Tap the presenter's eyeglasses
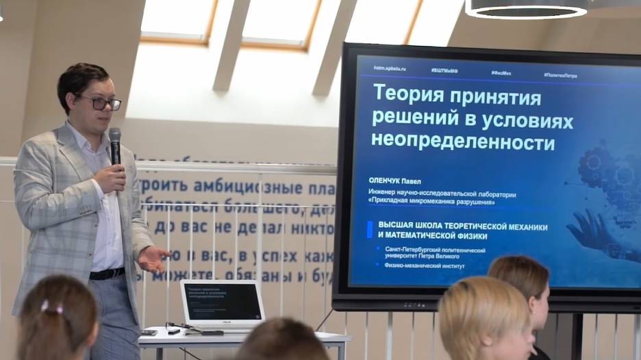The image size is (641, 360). pos(103,103)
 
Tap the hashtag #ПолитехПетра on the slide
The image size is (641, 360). pos(560,75)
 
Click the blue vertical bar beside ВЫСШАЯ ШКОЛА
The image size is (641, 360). pos(370,230)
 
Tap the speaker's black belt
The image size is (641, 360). pos(107,274)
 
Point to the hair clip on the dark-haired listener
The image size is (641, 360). pos(51,307)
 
